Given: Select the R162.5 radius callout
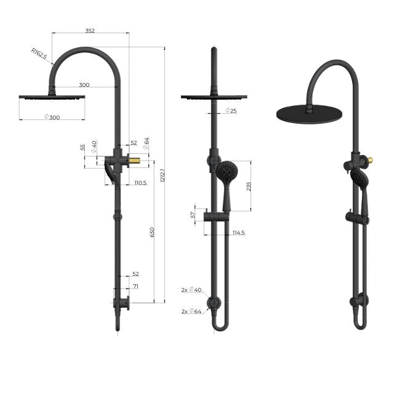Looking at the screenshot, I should [x=41, y=54].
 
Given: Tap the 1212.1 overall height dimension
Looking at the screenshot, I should [x=162, y=175].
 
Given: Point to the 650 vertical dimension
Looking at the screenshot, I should [x=153, y=231].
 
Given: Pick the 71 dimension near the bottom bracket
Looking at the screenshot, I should [x=135, y=286].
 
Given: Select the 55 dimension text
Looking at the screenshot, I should [x=83, y=148].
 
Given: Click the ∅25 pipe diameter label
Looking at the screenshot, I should [x=231, y=111].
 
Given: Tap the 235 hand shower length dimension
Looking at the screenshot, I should [x=248, y=186].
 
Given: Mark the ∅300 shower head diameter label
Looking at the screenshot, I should [x=52, y=117].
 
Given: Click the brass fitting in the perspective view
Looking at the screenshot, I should [x=369, y=162].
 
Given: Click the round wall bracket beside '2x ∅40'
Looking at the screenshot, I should [x=214, y=302].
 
